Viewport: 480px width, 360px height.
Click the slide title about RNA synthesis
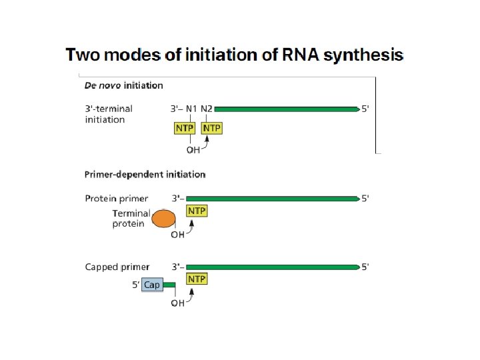(x=234, y=55)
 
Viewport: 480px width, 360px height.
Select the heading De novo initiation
(x=123, y=85)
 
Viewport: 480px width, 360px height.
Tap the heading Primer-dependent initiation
(x=145, y=175)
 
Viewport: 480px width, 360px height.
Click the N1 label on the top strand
(x=192, y=108)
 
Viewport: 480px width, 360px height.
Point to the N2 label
(x=207, y=108)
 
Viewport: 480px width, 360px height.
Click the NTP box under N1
(x=184, y=127)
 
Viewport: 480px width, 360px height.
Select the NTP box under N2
(x=211, y=127)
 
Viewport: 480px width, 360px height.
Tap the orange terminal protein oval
(x=163, y=219)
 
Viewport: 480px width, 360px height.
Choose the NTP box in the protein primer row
(x=197, y=211)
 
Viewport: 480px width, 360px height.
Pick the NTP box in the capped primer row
(x=197, y=279)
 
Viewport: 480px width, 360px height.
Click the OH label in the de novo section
(x=193, y=150)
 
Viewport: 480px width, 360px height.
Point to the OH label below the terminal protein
(x=177, y=234)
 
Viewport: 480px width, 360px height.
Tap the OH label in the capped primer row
(x=177, y=303)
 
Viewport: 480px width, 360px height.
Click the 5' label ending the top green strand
(x=365, y=108)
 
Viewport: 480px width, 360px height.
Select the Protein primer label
(x=117, y=198)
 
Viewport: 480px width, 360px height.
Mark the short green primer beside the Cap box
(x=169, y=285)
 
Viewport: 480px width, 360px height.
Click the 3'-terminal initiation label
(x=109, y=114)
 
